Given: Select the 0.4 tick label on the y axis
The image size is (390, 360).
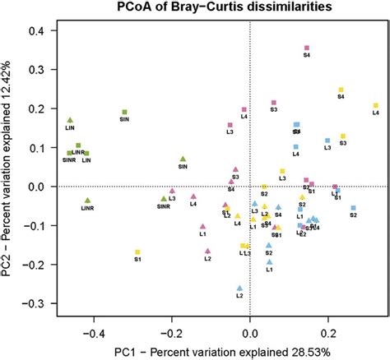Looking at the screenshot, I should [35, 30].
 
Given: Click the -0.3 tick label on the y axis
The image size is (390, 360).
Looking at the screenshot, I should [33, 303].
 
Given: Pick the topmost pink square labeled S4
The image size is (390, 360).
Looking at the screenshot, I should [307, 48].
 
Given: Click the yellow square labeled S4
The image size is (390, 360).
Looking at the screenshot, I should [340, 90].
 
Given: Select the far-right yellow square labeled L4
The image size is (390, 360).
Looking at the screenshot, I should [376, 105].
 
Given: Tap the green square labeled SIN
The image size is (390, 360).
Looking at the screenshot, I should [124, 112].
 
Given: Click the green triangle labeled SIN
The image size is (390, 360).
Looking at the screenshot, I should [183, 159].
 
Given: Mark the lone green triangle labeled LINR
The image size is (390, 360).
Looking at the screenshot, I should [87, 201].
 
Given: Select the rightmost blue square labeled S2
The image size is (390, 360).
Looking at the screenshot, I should [353, 208].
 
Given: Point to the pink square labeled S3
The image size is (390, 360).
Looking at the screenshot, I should [274, 103].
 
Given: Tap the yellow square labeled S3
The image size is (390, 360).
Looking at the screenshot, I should [343, 136].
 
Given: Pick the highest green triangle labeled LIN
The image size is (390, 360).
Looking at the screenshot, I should [71, 120].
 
